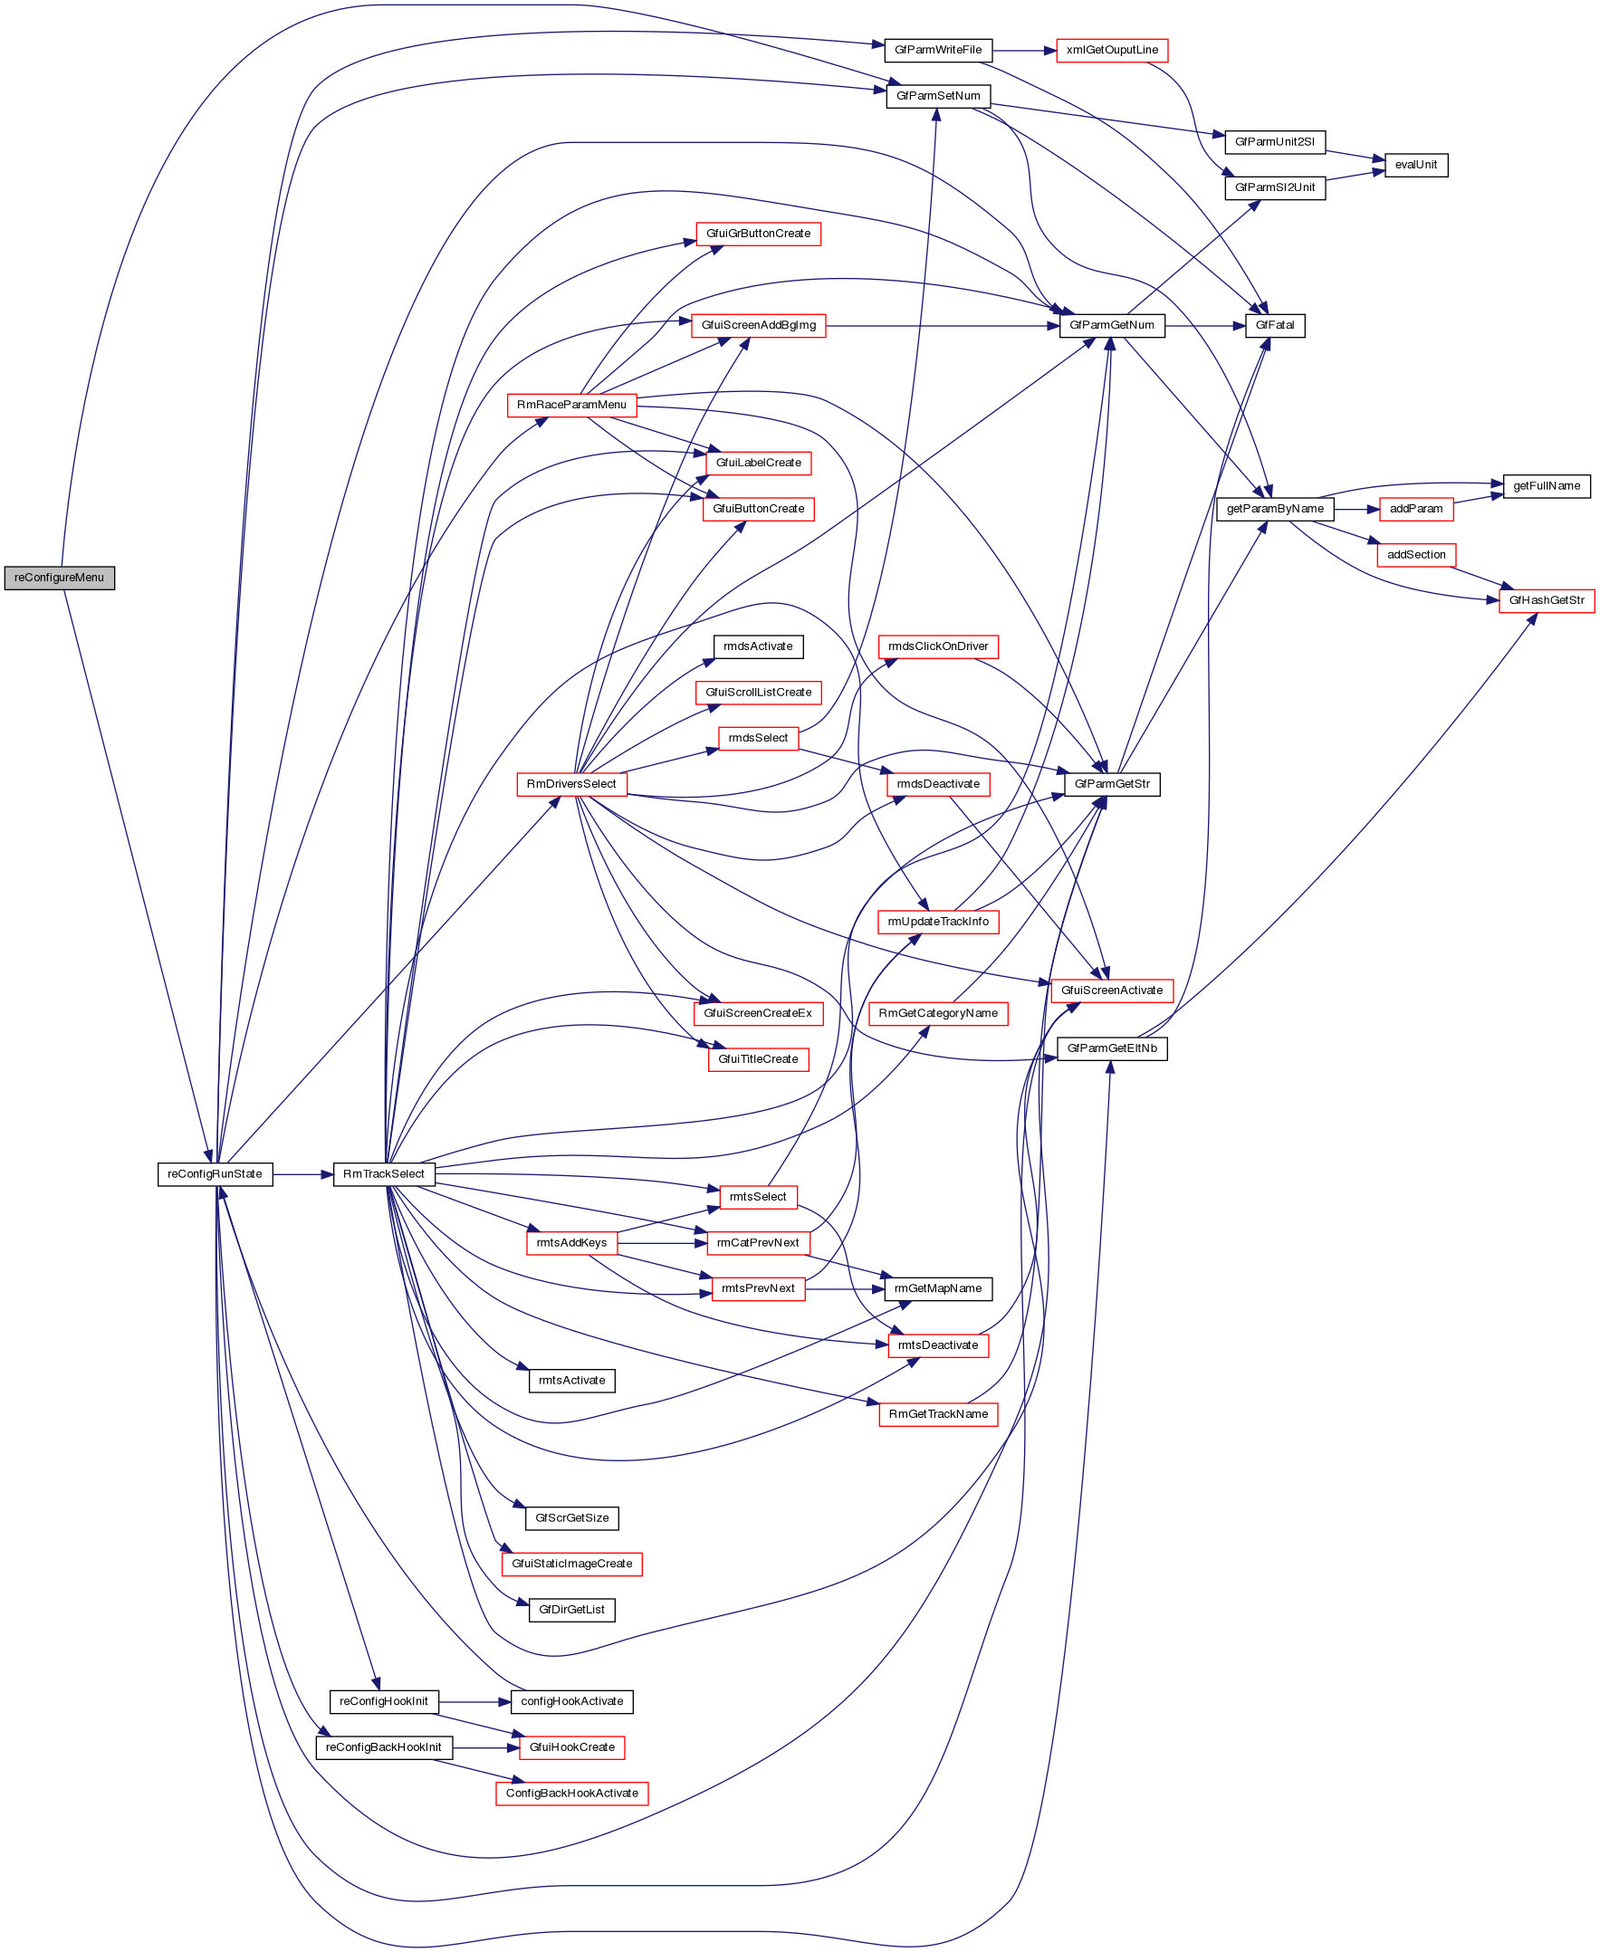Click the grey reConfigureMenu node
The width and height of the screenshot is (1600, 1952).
tap(59, 578)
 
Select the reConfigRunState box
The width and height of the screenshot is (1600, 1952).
tap(215, 1174)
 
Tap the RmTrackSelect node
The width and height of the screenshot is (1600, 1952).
tap(383, 1174)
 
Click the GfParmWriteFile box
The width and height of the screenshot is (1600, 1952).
tap(938, 50)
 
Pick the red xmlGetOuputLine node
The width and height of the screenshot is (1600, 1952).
tap(1112, 50)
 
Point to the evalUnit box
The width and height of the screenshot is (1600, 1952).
tap(1415, 165)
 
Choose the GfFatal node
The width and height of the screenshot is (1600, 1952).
tap(1275, 325)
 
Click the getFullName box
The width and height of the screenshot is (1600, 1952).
tap(1547, 485)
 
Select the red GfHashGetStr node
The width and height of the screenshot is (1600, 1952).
tap(1547, 601)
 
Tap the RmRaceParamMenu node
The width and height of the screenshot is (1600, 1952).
tap(571, 405)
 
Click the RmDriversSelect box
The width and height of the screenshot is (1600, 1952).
tap(571, 784)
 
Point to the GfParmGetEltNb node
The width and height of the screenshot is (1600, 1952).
tap(1112, 1048)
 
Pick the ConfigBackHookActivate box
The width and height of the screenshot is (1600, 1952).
tap(571, 1794)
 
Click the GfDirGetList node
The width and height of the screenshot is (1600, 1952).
tap(571, 1610)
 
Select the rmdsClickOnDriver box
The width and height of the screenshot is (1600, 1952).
tap(938, 647)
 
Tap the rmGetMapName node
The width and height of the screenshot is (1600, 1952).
tap(938, 1288)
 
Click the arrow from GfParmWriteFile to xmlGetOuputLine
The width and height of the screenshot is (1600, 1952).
tap(1024, 50)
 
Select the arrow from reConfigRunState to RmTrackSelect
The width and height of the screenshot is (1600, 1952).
tap(302, 1174)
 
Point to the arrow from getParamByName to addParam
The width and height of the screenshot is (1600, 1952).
tap(1356, 509)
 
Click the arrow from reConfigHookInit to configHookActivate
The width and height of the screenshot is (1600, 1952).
tap(474, 1701)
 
